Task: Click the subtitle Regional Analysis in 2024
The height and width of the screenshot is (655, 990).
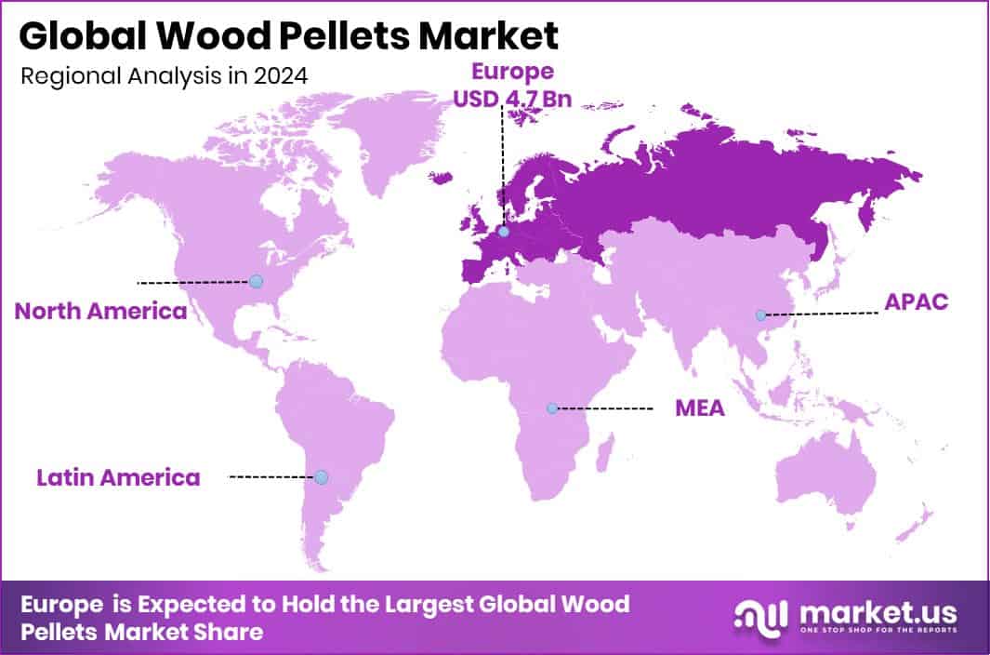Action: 164,75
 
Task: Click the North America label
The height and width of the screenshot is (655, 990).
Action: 100,311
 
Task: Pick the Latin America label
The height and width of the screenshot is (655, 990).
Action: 118,478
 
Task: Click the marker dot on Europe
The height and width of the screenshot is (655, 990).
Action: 503,232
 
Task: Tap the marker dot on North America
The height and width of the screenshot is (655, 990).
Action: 256,281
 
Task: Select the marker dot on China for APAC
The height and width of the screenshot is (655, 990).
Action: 760,315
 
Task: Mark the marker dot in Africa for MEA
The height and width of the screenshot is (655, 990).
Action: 552,408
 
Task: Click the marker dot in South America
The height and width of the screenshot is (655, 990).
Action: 321,477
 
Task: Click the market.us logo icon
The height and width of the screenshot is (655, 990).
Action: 758,617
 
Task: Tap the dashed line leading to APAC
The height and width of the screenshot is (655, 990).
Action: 822,314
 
